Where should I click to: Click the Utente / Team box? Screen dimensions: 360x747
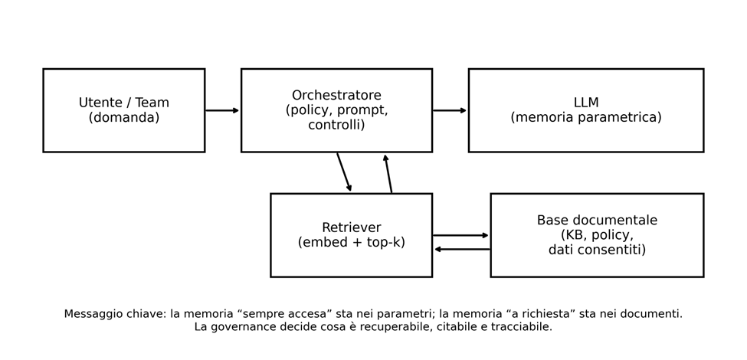coord(123,110)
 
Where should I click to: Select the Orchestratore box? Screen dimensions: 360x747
coord(336,110)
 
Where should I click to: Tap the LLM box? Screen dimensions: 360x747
coord(585,110)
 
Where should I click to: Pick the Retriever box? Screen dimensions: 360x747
coord(351,235)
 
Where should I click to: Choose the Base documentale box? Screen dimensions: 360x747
coord(596,235)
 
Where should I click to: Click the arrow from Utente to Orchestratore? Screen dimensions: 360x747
coord(222,110)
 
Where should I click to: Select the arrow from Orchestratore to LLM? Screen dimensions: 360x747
coord(450,110)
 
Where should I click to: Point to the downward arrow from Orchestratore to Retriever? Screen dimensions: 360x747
coord(344,172)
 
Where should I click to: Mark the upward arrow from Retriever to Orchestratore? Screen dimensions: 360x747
coord(388,173)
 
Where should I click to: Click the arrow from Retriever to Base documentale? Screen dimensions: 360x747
coord(460,235)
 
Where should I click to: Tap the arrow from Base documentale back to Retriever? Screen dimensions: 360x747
coord(462,249)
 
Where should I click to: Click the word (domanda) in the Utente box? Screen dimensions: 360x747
coord(124,118)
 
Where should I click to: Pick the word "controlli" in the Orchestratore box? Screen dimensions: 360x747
coord(336,125)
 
